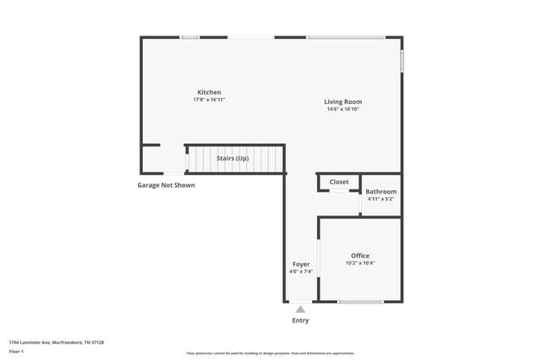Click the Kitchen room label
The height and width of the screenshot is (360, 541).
(x=209, y=92)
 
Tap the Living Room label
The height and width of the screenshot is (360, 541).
(x=342, y=101)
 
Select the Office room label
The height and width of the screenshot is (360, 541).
(x=360, y=255)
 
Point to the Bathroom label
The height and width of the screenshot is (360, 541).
(x=381, y=192)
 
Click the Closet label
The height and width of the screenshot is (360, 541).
(x=339, y=182)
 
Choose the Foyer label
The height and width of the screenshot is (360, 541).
(x=301, y=264)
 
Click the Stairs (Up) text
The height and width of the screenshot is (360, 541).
(x=232, y=158)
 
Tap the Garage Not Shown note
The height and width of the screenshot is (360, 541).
(x=167, y=185)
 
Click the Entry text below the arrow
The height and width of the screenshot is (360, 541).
(x=300, y=320)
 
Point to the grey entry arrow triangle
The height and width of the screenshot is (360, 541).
(x=300, y=309)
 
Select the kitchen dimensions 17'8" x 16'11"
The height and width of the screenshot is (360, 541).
(x=209, y=100)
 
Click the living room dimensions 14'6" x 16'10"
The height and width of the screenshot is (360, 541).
(x=342, y=109)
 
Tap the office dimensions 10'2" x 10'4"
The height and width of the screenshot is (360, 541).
(x=360, y=263)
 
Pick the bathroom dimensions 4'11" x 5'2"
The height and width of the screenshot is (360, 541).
(x=381, y=199)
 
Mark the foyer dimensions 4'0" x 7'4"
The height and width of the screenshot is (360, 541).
(x=301, y=271)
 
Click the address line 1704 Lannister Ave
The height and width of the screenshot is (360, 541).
(x=56, y=342)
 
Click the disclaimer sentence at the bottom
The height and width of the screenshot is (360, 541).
(x=270, y=353)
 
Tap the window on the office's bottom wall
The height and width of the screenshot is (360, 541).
(x=361, y=302)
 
